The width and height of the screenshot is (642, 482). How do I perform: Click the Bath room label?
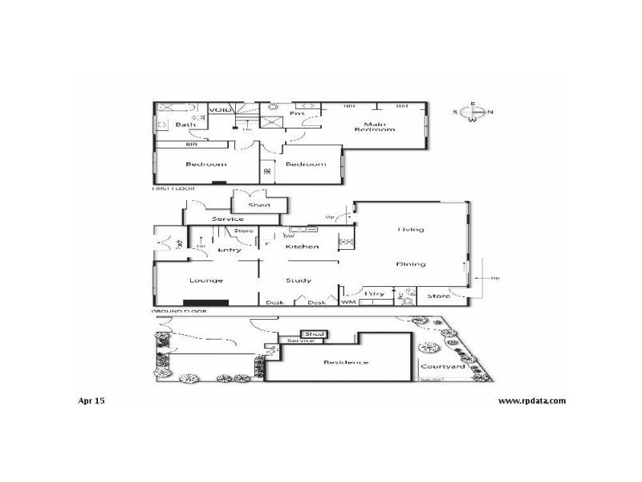click(186, 125)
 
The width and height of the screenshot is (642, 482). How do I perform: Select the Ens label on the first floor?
click(297, 114)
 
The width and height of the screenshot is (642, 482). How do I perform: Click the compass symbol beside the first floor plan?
click(473, 112)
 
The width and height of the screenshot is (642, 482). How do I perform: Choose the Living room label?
click(410, 230)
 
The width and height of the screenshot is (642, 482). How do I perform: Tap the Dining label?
click(410, 264)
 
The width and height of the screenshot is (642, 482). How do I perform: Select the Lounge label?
click(206, 280)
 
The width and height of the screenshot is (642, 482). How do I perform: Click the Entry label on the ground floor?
click(230, 250)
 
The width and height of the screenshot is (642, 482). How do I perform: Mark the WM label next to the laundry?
click(348, 302)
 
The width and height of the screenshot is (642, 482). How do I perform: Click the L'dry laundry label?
click(376, 294)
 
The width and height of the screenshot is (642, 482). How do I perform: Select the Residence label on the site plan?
click(346, 362)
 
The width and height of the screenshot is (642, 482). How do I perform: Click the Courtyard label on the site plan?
click(443, 366)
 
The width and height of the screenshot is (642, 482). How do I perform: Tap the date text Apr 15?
click(91, 399)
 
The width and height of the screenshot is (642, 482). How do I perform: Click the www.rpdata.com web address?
click(532, 400)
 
